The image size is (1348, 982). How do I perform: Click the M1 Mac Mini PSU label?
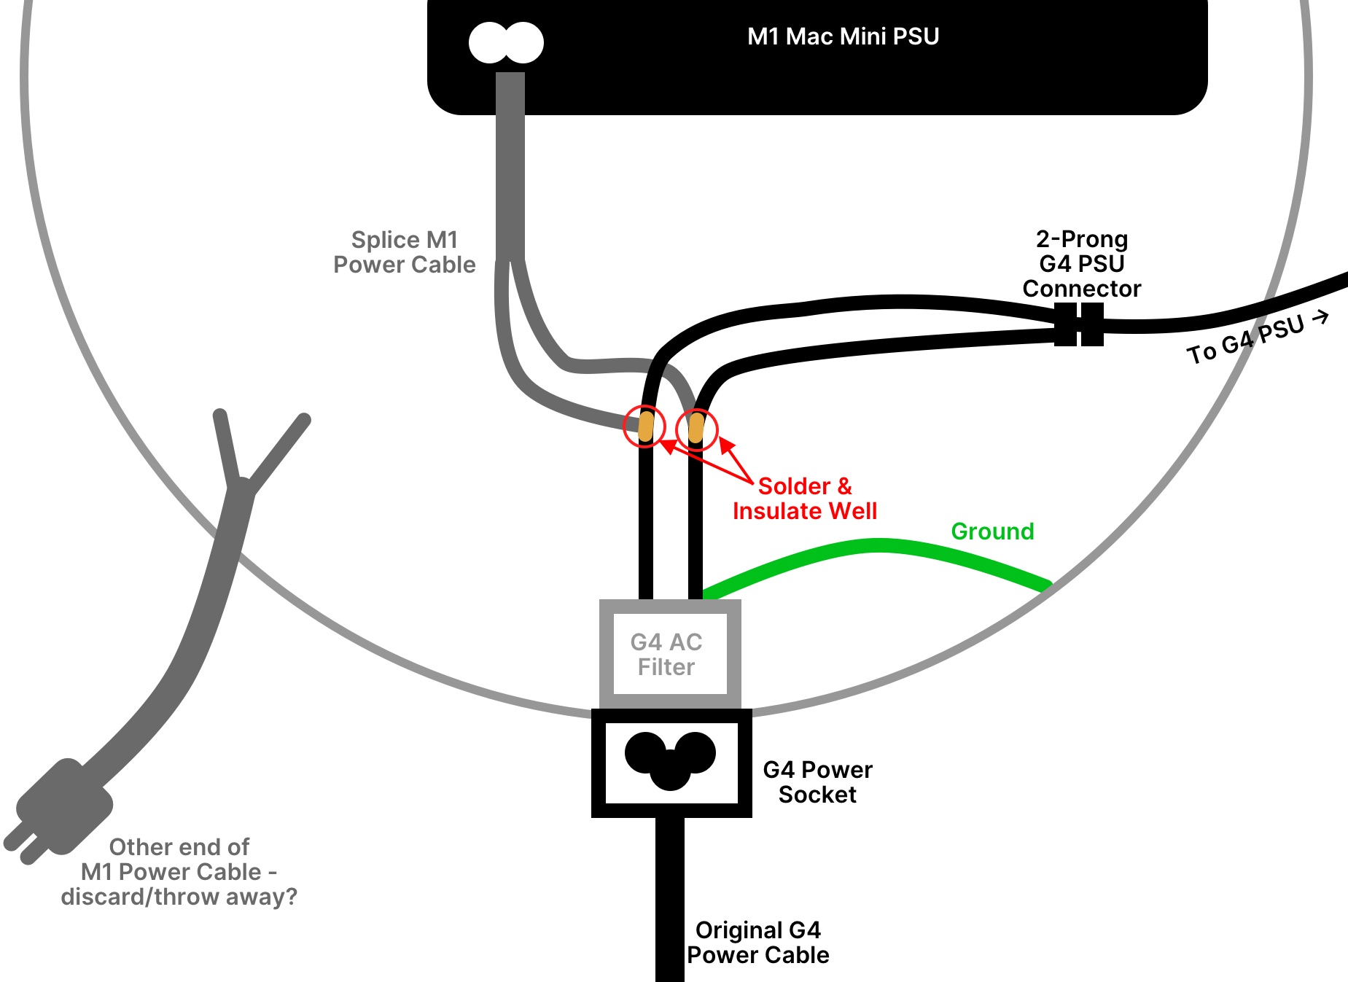843,36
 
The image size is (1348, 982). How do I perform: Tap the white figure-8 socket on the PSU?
506,42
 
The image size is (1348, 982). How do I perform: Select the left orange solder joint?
646,426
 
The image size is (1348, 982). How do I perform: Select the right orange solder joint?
696,428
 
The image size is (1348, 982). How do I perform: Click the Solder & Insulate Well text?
805,499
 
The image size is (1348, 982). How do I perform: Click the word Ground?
992,531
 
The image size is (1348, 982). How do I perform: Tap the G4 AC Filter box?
670,654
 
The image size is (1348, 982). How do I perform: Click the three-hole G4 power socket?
671,760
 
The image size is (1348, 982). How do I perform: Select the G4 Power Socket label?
817,782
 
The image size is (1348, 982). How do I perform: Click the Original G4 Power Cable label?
758,943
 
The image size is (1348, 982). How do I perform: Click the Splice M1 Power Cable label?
405,252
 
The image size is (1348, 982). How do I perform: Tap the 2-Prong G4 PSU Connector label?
1081,264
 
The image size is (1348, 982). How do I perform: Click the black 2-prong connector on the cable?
1079,324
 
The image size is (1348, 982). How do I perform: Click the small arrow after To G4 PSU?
1320,318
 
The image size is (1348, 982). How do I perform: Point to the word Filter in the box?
666,667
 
